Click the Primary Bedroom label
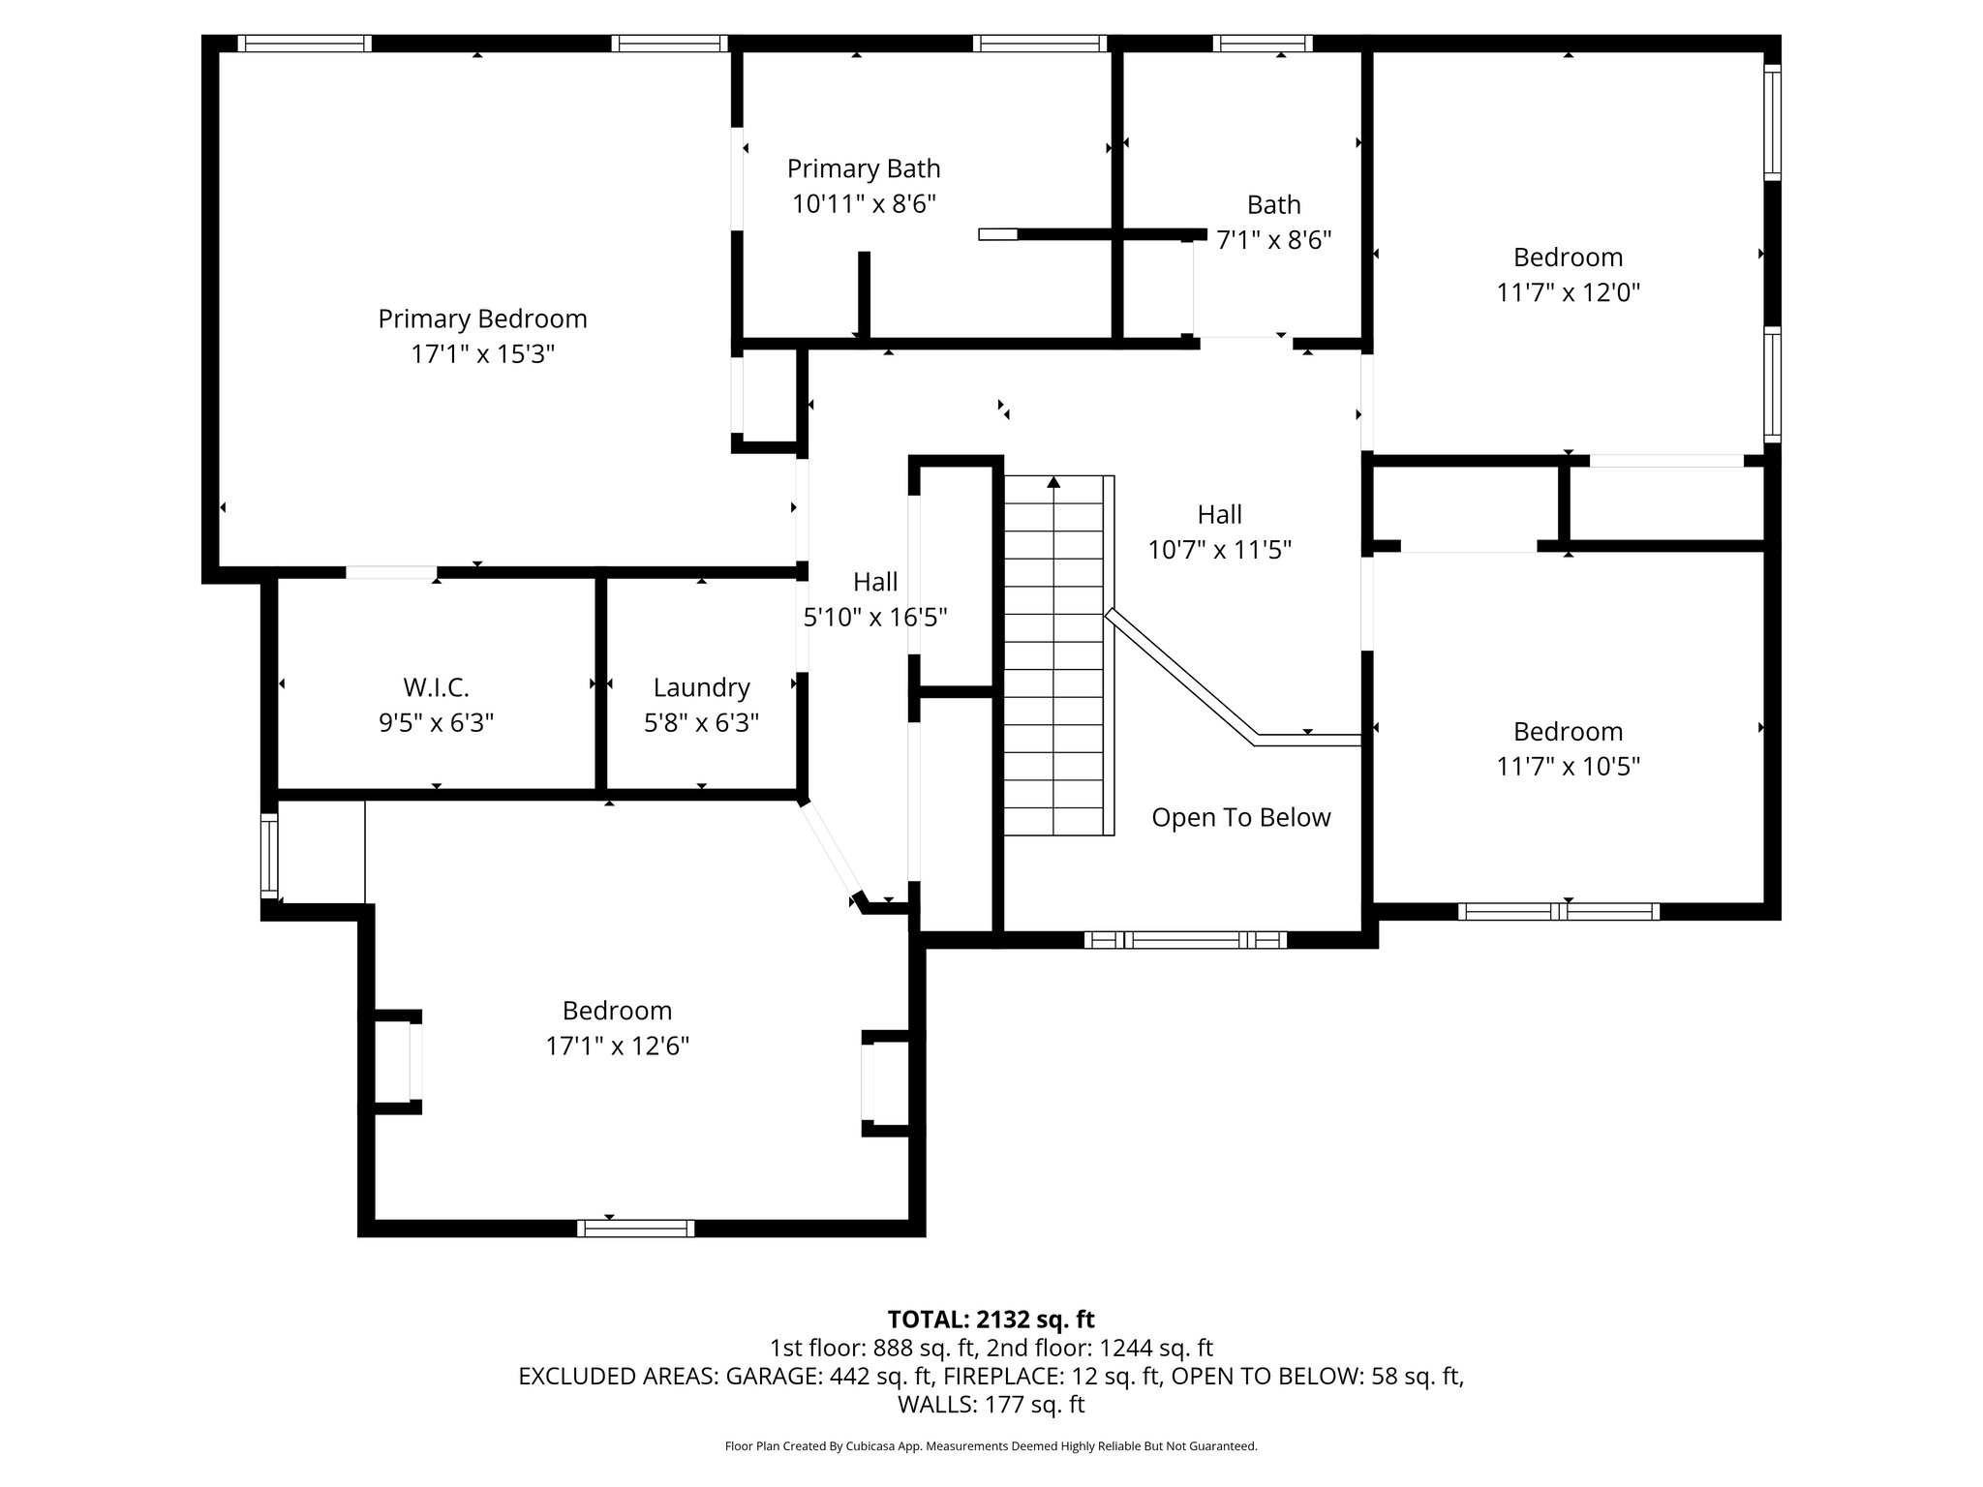click(x=482, y=319)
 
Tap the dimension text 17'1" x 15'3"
click(x=482, y=354)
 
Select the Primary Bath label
click(x=863, y=168)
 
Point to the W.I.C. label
click(x=436, y=687)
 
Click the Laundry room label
click(x=701, y=687)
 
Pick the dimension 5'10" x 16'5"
click(x=874, y=617)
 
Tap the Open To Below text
click(x=1240, y=817)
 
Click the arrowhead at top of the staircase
click(x=1053, y=481)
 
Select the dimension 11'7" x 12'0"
click(x=1568, y=292)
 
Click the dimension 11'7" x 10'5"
click(x=1568, y=767)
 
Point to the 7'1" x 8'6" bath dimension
click(x=1273, y=240)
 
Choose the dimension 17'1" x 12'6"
click(x=617, y=1046)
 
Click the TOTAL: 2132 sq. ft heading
click(x=991, y=1319)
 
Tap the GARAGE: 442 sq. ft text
click(x=829, y=1376)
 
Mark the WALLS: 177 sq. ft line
click(x=991, y=1404)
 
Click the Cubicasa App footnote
click(x=991, y=1446)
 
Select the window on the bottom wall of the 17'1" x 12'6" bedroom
click(x=635, y=1228)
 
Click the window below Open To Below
click(x=1185, y=939)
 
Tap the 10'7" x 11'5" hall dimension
click(x=1219, y=550)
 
